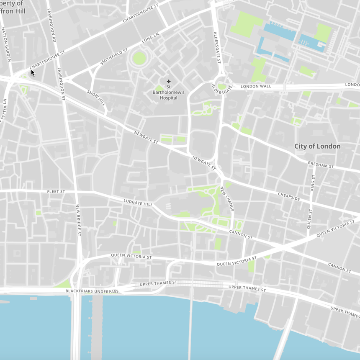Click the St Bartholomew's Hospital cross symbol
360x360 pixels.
(x=169, y=82)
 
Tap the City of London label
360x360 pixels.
(x=317, y=146)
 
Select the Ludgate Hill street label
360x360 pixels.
(x=138, y=203)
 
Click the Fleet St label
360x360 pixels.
(x=56, y=191)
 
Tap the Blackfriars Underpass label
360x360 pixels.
(x=92, y=291)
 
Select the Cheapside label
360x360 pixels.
(x=289, y=196)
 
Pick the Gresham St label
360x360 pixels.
(x=320, y=165)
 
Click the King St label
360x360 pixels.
(x=313, y=183)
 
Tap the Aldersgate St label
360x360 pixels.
(x=217, y=47)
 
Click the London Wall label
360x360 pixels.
(x=256, y=86)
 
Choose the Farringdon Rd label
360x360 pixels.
(x=54, y=28)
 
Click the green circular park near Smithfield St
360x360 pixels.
(x=139, y=58)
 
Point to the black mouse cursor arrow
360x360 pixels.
(x=33, y=73)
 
